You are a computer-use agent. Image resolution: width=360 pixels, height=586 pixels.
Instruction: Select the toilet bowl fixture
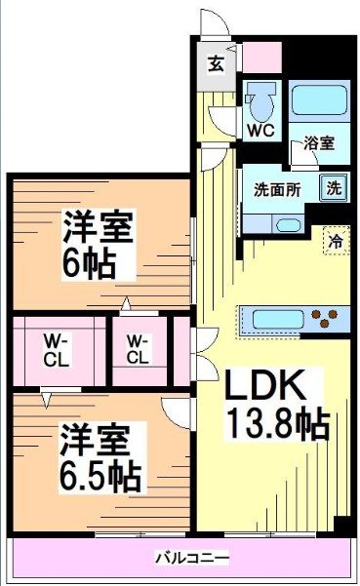pyautogui.click(x=260, y=100)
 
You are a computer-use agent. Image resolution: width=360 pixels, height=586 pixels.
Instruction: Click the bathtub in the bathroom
pyautogui.click(x=319, y=101)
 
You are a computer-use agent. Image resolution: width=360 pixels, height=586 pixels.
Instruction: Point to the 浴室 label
pyautogui.click(x=318, y=142)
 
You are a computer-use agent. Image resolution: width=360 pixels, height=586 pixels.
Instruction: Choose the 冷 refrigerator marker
pyautogui.click(x=335, y=238)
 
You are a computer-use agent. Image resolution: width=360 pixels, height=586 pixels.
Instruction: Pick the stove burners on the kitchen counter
pyautogui.click(x=329, y=318)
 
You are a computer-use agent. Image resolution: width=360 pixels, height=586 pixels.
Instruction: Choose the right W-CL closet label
pyautogui.click(x=138, y=350)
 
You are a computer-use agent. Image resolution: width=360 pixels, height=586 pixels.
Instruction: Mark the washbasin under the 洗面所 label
pyautogui.click(x=287, y=224)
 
